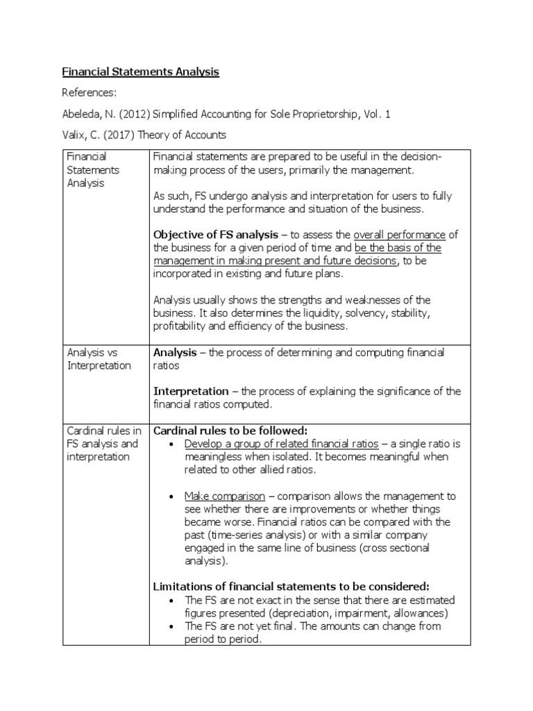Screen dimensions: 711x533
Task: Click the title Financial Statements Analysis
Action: click(141, 72)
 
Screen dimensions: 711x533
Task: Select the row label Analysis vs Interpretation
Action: click(99, 359)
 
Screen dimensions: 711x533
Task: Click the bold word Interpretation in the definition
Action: click(191, 391)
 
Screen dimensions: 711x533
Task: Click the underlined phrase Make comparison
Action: click(224, 496)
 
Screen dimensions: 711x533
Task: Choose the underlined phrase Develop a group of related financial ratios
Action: click(281, 444)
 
